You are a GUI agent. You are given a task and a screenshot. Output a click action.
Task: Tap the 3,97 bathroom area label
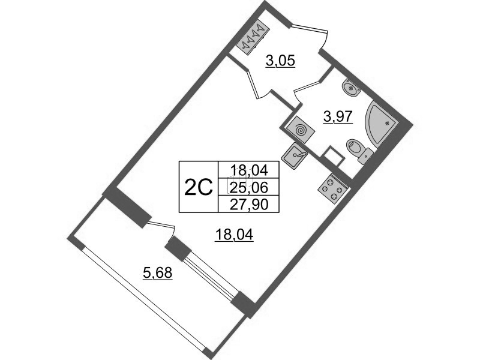336,117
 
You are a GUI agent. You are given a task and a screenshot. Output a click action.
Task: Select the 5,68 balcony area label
157,274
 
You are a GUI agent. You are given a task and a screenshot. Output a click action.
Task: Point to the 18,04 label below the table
235,235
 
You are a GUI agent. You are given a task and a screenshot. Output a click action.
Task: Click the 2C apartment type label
199,188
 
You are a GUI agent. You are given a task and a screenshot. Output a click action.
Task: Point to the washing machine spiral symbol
299,128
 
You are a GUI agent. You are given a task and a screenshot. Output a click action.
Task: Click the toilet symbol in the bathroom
358,150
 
